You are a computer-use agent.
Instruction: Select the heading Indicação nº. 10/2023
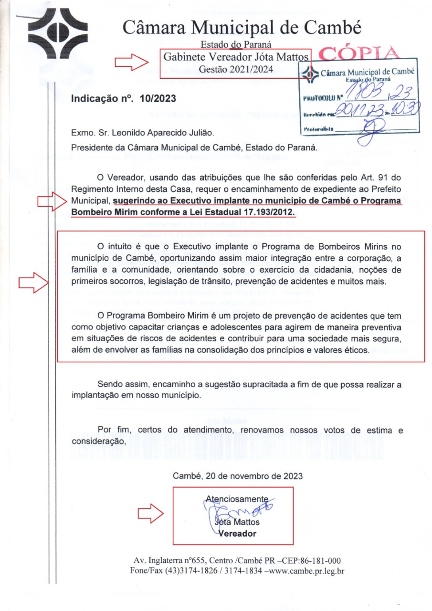[x=124, y=99]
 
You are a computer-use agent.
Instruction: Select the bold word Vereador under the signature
[x=237, y=534]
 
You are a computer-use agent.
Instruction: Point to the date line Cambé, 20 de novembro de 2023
[x=237, y=476]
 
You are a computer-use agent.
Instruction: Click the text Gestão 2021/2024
[x=236, y=70]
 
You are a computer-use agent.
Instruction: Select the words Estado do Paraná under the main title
[x=236, y=45]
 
